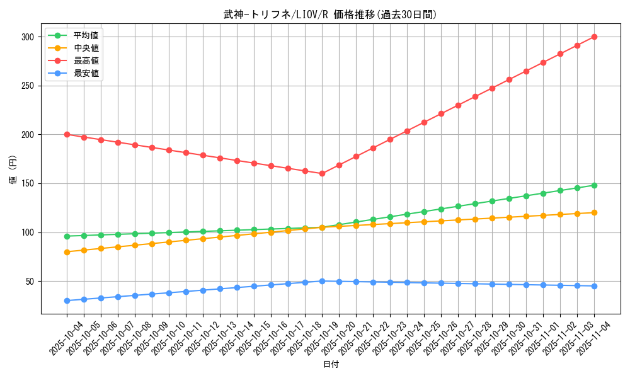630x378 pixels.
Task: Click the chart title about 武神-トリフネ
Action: coord(329,14)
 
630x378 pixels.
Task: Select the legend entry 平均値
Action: coord(86,35)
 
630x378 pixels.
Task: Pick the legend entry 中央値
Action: coord(86,48)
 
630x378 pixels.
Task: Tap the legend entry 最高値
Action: coord(86,60)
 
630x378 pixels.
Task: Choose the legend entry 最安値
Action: coord(86,73)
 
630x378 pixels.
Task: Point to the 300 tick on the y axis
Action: coord(26,37)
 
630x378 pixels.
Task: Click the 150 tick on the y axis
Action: coord(26,183)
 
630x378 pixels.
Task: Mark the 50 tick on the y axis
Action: coord(29,281)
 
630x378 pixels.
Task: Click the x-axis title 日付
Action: coord(331,365)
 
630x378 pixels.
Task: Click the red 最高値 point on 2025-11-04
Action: coord(594,37)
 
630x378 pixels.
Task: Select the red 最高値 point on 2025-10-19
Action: coord(322,173)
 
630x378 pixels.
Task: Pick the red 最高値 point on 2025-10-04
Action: coord(67,134)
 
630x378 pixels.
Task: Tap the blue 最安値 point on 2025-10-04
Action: coord(67,301)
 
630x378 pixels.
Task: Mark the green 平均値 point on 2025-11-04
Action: coord(594,185)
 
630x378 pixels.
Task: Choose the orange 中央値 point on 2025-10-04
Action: coord(67,252)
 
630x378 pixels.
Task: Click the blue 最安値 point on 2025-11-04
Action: coord(594,286)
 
